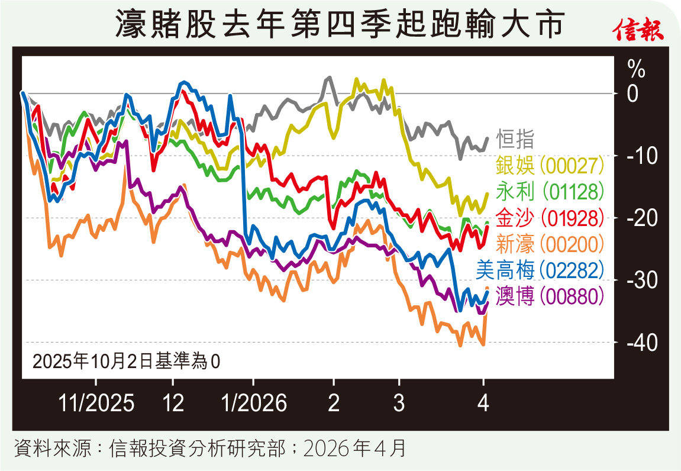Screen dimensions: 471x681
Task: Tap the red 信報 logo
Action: [640, 30]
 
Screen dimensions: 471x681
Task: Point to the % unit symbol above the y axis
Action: [637, 70]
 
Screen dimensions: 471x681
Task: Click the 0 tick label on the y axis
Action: [633, 94]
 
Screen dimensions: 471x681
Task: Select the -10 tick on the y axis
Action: [638, 156]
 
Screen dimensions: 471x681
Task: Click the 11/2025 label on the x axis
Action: [96, 404]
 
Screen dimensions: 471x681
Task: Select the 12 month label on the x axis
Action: [173, 404]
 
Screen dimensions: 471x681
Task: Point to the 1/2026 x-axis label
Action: [253, 404]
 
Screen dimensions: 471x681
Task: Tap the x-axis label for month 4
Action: [483, 404]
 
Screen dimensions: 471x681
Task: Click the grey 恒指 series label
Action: [515, 139]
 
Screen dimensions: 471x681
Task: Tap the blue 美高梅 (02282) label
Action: [540, 270]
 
